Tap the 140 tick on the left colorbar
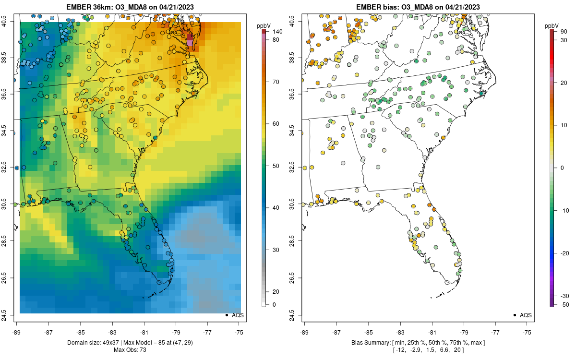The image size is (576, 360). click(x=276, y=32)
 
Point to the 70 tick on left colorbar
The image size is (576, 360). click(x=276, y=82)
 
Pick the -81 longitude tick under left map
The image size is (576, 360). click(x=144, y=332)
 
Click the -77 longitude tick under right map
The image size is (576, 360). click(x=495, y=332)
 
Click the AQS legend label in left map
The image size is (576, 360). click(x=238, y=315)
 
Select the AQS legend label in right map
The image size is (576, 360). click(x=526, y=315)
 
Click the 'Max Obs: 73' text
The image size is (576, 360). click(x=130, y=350)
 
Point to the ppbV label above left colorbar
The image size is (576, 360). click(x=263, y=25)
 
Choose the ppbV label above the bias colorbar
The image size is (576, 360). click(x=552, y=25)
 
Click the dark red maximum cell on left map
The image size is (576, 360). click(x=190, y=36)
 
